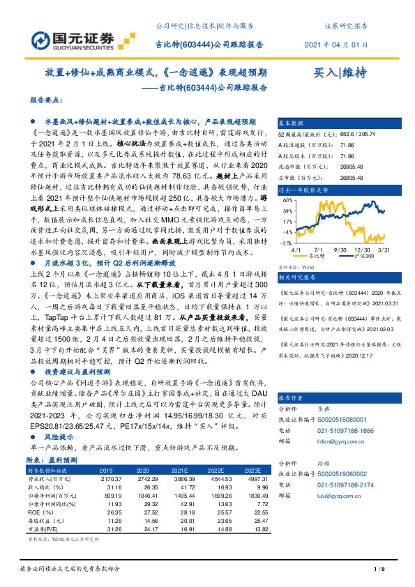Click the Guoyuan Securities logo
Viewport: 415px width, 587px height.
click(x=76, y=38)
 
